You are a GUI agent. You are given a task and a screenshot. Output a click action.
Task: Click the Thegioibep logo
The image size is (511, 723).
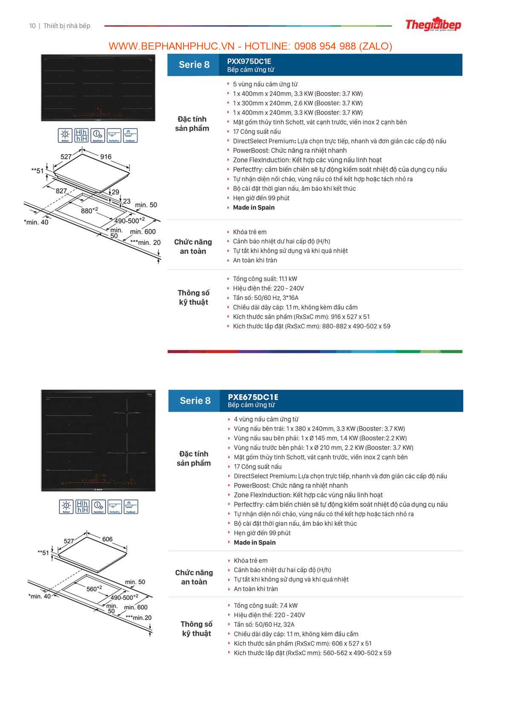(433, 25)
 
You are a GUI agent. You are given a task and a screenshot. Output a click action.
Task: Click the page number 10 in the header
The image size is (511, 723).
(32, 26)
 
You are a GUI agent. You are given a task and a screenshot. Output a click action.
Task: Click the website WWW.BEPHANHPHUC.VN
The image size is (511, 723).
(171, 46)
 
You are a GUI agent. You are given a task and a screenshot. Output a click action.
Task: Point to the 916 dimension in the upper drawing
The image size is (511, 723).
(106, 157)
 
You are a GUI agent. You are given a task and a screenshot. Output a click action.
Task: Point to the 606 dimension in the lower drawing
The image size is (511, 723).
(107, 539)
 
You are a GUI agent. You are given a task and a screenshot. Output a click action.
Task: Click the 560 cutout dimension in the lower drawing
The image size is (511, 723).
(94, 589)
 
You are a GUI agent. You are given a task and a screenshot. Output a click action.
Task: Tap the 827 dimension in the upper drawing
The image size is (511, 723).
(61, 191)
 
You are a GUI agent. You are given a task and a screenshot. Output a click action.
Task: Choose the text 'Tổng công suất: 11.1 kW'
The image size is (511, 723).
(265, 279)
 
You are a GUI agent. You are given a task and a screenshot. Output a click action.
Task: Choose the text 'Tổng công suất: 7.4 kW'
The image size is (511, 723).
(266, 605)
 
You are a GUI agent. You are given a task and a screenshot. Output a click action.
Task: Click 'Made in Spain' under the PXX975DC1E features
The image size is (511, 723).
(254, 208)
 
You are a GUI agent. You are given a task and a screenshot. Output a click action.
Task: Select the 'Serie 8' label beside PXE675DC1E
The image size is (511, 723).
(195, 401)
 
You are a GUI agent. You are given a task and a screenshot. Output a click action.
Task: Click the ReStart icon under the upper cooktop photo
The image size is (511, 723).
(65, 135)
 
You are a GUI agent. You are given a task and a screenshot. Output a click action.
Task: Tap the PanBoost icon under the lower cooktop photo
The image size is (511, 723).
(131, 506)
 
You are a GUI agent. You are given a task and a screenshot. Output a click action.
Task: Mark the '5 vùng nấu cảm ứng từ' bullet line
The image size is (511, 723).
(265, 84)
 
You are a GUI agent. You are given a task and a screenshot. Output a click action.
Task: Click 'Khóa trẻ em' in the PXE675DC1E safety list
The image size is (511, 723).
(250, 561)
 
